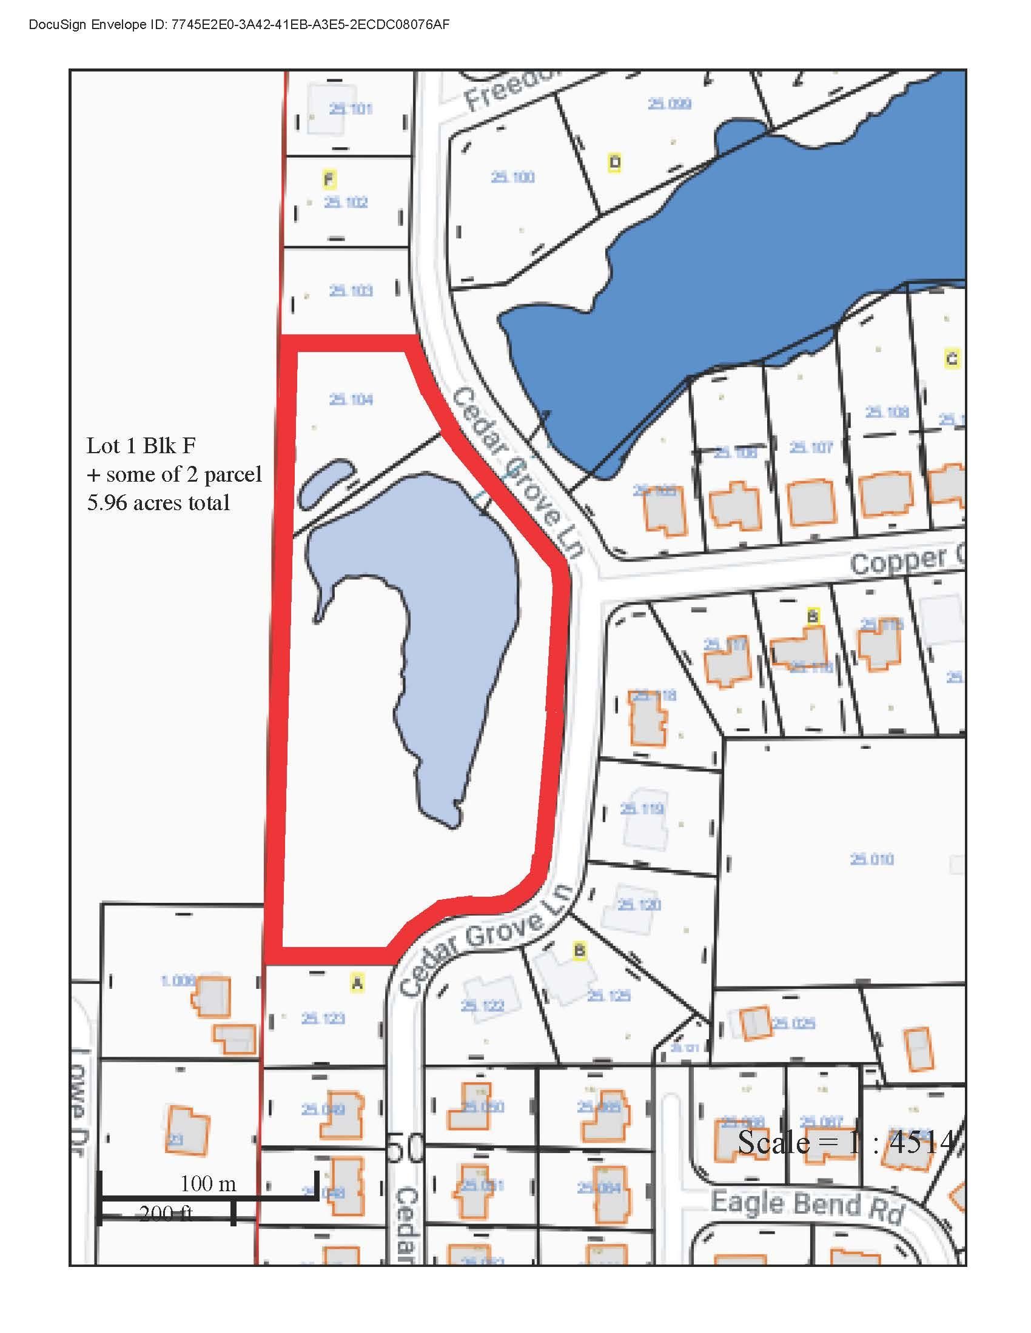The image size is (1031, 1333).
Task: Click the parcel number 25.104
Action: coord(351,400)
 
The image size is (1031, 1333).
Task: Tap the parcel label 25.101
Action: coord(351,109)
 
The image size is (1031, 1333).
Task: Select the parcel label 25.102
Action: coord(346,202)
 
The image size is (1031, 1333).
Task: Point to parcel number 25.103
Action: coord(351,290)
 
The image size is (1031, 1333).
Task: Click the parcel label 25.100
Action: coord(512,177)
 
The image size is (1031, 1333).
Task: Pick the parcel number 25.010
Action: coord(871,859)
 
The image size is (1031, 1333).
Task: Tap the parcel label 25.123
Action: coord(323,1018)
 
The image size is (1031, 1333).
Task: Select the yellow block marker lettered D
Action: coord(615,162)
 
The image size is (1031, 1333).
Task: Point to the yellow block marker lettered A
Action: coord(357,983)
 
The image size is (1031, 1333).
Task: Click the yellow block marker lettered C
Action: coord(951,357)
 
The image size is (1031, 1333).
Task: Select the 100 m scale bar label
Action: coord(208,1184)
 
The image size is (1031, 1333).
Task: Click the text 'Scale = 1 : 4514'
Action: coord(845,1142)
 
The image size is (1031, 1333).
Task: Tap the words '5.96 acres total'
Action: coord(158,502)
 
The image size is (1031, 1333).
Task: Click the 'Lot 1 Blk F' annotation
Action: coord(141,445)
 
